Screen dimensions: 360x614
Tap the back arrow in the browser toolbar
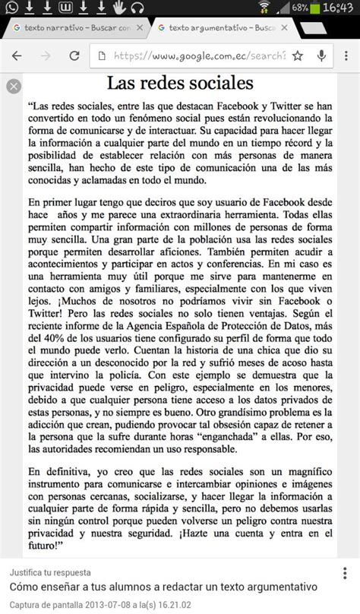pyautogui.click(x=17, y=56)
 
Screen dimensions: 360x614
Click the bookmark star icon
pyautogui.click(x=297, y=56)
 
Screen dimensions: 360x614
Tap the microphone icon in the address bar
pyautogui.click(x=322, y=56)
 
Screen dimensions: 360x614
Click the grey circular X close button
pyautogui.click(x=12, y=86)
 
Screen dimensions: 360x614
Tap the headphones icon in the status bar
pyautogui.click(x=137, y=8)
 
